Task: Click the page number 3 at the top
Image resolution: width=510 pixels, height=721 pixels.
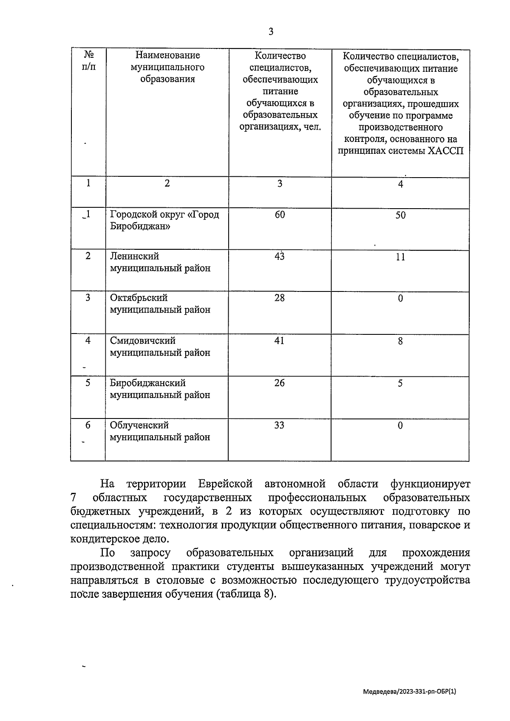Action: [x=271, y=32]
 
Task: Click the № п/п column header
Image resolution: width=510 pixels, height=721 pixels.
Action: [x=88, y=61]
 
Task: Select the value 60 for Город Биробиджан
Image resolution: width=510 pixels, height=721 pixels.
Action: [x=280, y=215]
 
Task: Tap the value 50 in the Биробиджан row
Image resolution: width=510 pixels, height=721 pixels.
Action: [x=400, y=215]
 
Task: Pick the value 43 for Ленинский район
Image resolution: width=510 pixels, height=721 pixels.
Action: [x=279, y=257]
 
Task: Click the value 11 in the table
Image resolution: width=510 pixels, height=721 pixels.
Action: [x=400, y=257]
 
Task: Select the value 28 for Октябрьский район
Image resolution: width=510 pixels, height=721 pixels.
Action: [x=279, y=298]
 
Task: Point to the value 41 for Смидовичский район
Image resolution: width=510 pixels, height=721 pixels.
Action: [x=279, y=341]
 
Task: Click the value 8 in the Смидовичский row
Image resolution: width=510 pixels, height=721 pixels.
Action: [x=400, y=341]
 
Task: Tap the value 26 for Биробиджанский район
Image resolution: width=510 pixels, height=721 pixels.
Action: [x=279, y=383]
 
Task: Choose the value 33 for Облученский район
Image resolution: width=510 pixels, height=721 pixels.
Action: [x=279, y=425]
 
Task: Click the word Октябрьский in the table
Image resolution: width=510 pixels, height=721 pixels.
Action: [x=139, y=298]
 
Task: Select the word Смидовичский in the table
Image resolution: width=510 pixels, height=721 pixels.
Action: [x=142, y=341]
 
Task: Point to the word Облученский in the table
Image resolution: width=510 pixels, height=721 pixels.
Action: [x=139, y=425]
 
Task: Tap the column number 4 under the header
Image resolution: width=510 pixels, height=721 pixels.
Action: [x=400, y=184]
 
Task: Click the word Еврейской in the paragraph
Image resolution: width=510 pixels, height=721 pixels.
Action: [x=225, y=484]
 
